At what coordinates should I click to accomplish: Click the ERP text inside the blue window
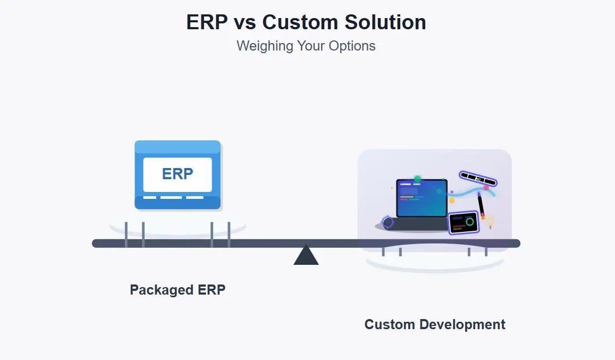[x=178, y=174]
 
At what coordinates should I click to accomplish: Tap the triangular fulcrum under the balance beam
[x=306, y=255]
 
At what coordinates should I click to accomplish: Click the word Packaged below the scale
[x=155, y=290]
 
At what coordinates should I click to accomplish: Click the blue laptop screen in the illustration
[x=422, y=198]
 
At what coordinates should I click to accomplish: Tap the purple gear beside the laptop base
[x=388, y=222]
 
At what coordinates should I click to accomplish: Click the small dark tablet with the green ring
[x=464, y=223]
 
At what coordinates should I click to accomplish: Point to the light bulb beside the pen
[x=490, y=220]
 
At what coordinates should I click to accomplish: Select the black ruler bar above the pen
[x=478, y=179]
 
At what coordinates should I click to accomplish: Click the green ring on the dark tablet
[x=469, y=221]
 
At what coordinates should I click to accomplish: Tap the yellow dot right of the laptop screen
[x=452, y=200]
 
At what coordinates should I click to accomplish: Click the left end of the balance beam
[x=96, y=244]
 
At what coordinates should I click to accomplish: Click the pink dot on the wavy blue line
[x=486, y=188]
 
